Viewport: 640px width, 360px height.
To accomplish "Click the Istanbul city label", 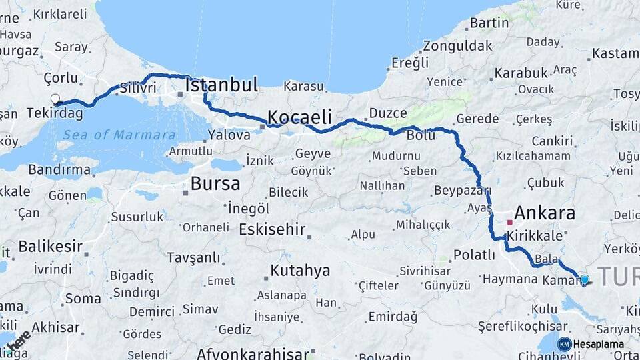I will (x=221, y=85).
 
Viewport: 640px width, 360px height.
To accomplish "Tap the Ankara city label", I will (x=545, y=213).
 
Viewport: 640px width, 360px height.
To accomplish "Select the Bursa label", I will (x=215, y=183).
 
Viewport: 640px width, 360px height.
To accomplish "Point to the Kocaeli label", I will (x=299, y=118).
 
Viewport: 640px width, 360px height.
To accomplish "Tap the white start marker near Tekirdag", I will (x=55, y=99).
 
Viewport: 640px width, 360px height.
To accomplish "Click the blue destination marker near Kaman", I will (x=585, y=280).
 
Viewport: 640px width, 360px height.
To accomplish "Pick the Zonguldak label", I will (x=457, y=46).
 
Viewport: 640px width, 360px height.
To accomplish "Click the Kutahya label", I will (x=300, y=271).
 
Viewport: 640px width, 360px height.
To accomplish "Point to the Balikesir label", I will (x=50, y=246).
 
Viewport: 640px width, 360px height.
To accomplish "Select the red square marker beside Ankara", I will (x=509, y=221).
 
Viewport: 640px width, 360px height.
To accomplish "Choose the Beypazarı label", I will (x=462, y=191).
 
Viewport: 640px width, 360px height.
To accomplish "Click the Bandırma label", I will (x=59, y=169).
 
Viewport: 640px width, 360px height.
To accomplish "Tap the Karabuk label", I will (x=521, y=73).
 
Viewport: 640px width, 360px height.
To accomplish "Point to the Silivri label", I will (x=139, y=88).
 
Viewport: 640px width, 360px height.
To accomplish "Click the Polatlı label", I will (x=473, y=255).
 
